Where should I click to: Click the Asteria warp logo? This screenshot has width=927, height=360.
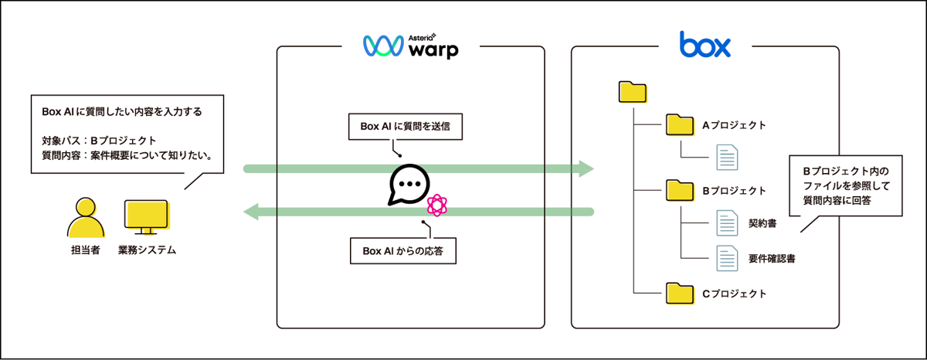click(x=410, y=46)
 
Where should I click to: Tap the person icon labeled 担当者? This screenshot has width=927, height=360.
click(x=86, y=218)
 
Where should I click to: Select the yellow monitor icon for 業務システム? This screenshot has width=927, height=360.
click(x=147, y=218)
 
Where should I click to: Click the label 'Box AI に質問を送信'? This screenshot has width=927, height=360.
click(x=406, y=127)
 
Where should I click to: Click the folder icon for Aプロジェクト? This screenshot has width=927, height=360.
click(x=680, y=125)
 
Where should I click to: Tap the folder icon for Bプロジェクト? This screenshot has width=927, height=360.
click(x=680, y=190)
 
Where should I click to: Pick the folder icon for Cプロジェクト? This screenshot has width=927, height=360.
click(x=680, y=293)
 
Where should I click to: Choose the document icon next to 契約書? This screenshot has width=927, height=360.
click(x=727, y=223)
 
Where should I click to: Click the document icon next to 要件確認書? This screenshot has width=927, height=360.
click(x=727, y=256)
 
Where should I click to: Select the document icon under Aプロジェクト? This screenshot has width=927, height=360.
click(x=727, y=158)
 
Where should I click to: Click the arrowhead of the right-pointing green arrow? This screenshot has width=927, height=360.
click(x=586, y=168)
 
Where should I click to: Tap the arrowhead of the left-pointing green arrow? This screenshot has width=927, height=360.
click(x=251, y=211)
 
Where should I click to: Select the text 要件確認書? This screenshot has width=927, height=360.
click(x=772, y=258)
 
